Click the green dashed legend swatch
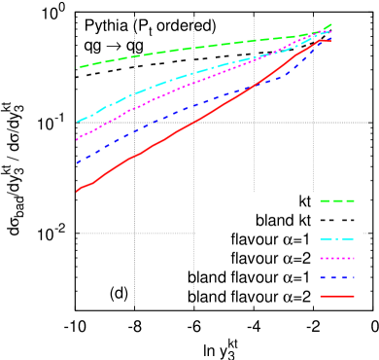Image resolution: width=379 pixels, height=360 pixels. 337,201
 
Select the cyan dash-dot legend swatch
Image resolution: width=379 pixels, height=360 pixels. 337,239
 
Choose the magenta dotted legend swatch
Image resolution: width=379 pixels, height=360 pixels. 337,259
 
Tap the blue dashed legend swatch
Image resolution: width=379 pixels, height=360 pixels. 337,278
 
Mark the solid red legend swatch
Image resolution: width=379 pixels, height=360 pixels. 337,296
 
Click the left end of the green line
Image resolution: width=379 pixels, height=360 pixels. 77,68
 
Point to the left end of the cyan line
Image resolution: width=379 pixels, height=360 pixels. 77,122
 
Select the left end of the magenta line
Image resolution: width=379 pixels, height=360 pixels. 77,140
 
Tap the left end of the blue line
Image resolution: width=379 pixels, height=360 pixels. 77,162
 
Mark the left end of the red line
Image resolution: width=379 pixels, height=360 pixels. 77,192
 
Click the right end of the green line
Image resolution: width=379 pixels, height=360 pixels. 332,24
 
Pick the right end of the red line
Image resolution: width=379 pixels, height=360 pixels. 331,41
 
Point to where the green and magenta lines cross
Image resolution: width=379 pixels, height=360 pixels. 309,36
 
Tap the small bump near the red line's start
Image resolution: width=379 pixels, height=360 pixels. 89,184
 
